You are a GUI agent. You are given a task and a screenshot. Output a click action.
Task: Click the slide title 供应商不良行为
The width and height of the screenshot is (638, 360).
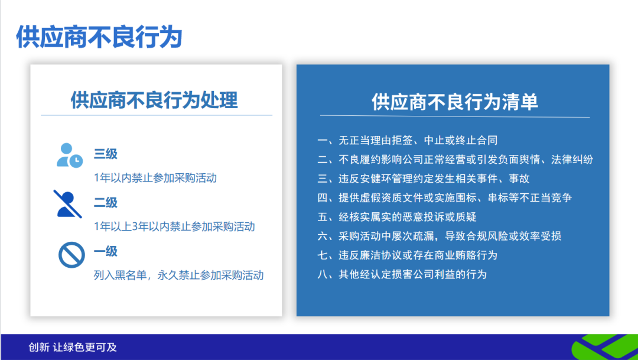coord(99,37)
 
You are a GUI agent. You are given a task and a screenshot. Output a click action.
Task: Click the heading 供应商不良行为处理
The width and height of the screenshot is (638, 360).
coord(154,99)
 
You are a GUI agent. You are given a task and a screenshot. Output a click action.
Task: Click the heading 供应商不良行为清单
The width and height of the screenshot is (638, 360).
coord(455,102)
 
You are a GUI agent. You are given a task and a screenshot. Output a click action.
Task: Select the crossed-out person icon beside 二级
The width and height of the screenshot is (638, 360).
coord(69,204)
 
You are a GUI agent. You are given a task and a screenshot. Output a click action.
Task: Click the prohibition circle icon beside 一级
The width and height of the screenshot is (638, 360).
coord(71,255)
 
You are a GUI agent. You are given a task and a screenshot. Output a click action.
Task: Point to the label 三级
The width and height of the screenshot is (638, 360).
coord(106,154)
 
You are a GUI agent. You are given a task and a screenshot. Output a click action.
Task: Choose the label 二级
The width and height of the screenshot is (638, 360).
coord(106,203)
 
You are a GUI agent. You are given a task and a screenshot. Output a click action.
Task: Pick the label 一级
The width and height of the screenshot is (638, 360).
coord(106,251)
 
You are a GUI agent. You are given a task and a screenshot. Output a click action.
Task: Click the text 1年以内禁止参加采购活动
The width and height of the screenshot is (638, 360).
coord(155,178)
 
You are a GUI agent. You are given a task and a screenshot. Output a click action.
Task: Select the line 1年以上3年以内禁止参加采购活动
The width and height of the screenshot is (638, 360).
coord(174,226)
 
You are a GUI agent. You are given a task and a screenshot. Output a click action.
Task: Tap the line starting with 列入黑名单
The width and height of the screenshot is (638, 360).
coord(178,275)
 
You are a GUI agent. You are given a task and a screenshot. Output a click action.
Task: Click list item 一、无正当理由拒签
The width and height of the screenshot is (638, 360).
coord(408,140)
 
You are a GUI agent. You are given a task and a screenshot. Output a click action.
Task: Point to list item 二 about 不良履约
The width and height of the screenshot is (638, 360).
coord(455,160)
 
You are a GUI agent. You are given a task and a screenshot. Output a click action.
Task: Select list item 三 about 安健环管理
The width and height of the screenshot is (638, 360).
coord(424,179)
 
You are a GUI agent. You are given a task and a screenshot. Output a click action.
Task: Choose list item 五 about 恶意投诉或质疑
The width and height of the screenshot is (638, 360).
coord(397,217)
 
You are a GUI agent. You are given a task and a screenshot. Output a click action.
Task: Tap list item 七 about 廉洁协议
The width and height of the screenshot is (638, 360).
coord(408,255)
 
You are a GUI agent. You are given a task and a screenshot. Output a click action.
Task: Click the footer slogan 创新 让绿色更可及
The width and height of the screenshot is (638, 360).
coord(73,348)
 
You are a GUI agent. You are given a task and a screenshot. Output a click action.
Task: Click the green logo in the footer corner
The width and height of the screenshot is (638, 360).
coord(606,348)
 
